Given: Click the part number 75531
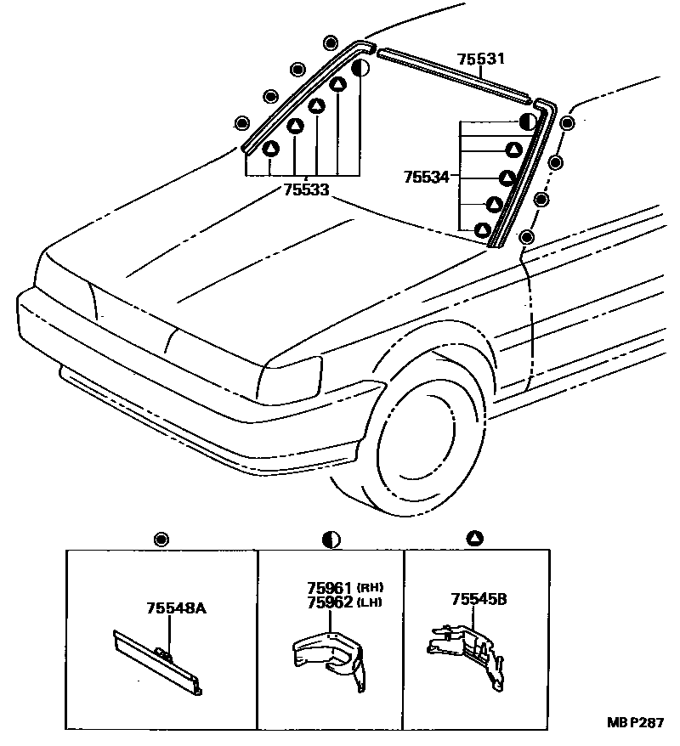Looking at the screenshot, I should (480, 59).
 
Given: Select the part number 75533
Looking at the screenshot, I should (306, 190).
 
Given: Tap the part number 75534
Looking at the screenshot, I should (427, 177).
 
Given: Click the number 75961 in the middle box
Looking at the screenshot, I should (328, 587).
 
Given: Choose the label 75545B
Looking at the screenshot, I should (479, 599).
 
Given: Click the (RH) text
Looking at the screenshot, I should (370, 588).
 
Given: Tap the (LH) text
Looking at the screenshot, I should (370, 602).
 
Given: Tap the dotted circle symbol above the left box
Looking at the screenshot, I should (161, 539).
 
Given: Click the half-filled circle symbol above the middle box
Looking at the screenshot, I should (331, 539).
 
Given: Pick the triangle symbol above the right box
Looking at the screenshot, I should (475, 538).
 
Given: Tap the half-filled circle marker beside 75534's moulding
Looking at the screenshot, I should (527, 122).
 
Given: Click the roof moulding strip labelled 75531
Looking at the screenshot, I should (455, 75).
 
